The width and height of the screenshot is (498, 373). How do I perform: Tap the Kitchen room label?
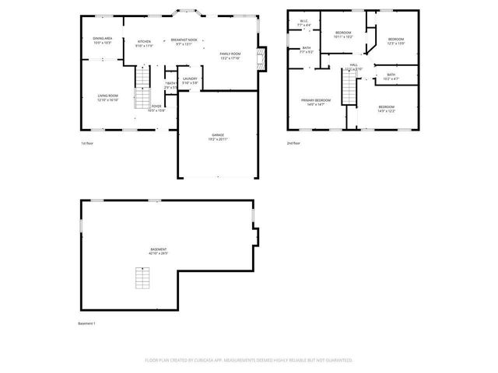[x=144, y=44]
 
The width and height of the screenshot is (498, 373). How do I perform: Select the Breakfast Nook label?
[x=184, y=41]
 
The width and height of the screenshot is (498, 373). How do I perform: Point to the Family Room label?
[x=230, y=55]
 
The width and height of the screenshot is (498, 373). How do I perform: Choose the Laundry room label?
[x=190, y=80]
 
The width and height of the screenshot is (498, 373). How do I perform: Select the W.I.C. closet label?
[x=304, y=24]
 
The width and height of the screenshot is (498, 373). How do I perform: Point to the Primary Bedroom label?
[x=317, y=102]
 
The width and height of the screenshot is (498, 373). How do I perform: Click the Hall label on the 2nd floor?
[x=353, y=67]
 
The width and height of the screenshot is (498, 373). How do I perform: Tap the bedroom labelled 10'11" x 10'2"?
[x=344, y=34]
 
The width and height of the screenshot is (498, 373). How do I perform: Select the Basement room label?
[x=159, y=251]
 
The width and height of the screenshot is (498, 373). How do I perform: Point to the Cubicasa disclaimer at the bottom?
[x=248, y=360]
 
